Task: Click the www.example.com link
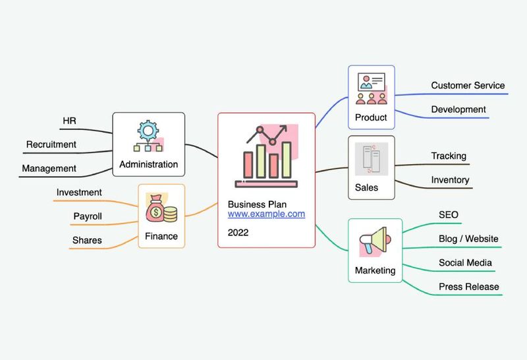[266, 214]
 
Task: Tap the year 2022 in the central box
[238, 232]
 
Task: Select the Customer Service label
[468, 85]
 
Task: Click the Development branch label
[458, 109]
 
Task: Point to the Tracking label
[449, 156]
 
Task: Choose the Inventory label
[450, 179]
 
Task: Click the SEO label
[449, 214]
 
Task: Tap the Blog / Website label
[468, 238]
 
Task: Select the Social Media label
[465, 262]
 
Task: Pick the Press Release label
[468, 286]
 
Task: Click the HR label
[69, 121]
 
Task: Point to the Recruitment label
[51, 144]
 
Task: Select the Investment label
[79, 192]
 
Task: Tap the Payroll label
[88, 216]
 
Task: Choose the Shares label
[87, 240]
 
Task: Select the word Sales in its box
[366, 187]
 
